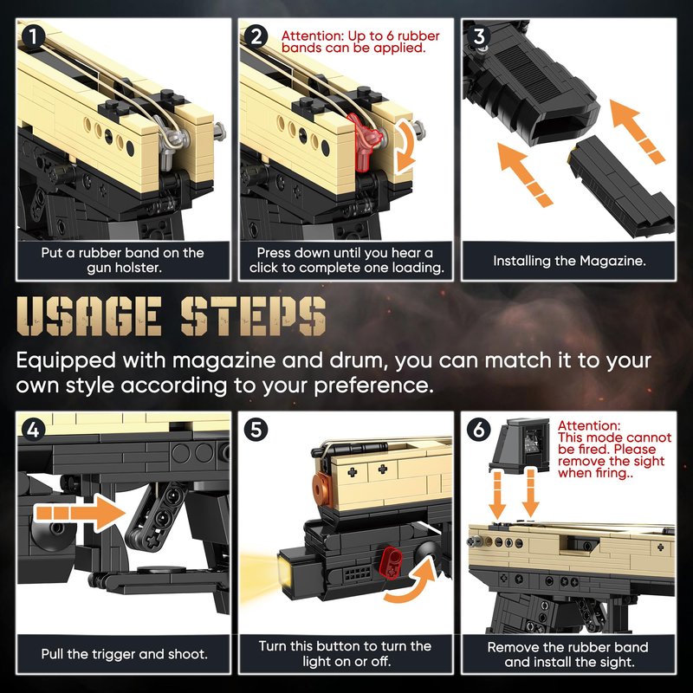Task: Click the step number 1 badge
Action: coord(32,36)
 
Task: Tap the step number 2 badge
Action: coord(256,36)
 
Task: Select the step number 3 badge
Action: coord(479,36)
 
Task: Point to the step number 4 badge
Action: coord(33,430)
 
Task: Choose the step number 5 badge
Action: coord(256,430)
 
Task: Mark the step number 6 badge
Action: coord(479,430)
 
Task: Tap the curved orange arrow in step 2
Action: coord(405,146)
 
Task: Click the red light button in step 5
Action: coord(392,561)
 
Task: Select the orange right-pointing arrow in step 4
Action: coord(80,513)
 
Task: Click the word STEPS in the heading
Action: coord(253,316)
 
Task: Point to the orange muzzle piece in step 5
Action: coord(323,489)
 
